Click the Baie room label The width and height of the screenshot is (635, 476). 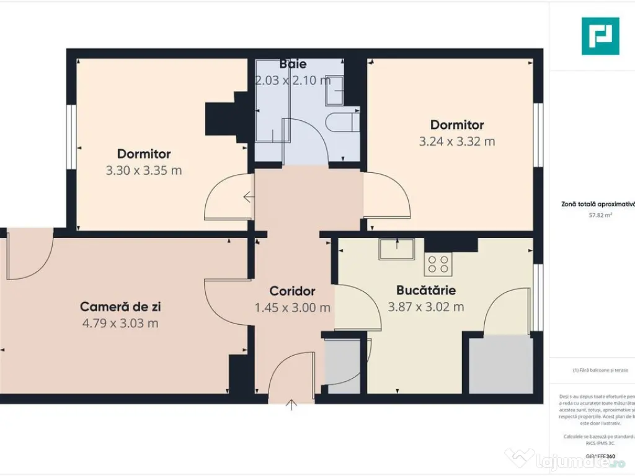[x=293, y=64]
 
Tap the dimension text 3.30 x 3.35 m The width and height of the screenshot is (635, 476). [x=144, y=170]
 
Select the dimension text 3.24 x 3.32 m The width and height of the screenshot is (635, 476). [x=457, y=141]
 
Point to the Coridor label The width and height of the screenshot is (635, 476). [x=292, y=291]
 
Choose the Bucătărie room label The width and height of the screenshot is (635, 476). [x=426, y=290]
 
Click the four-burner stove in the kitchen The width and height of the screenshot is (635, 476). [x=438, y=265]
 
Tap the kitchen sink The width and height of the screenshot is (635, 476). [x=397, y=249]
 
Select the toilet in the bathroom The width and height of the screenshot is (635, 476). [x=341, y=122]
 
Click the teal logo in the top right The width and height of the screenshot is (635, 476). [x=600, y=36]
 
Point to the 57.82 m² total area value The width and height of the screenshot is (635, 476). [x=600, y=216]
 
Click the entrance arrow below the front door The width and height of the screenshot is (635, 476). [x=291, y=405]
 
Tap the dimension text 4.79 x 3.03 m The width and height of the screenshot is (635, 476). [x=120, y=323]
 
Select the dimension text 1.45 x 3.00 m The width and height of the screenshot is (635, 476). [x=292, y=307]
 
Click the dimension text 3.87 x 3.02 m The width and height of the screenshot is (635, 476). [x=426, y=307]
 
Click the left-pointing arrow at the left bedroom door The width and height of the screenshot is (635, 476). [x=249, y=198]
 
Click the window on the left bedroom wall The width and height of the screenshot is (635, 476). [x=71, y=136]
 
